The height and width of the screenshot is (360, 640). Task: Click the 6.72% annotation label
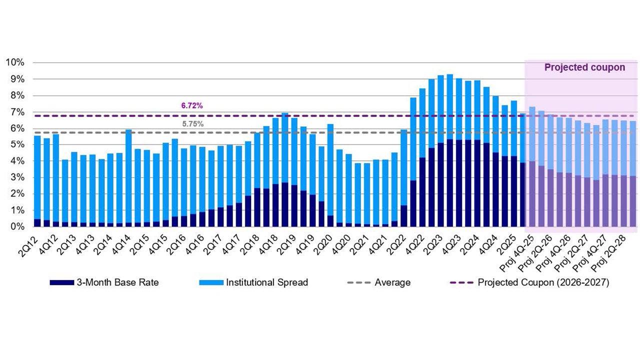(x=191, y=106)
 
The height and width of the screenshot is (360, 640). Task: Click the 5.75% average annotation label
(x=191, y=124)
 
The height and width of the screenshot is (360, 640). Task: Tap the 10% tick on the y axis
(x=15, y=62)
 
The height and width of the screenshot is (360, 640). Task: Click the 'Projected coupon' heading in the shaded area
(x=584, y=67)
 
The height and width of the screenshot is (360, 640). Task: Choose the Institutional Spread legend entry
(x=253, y=282)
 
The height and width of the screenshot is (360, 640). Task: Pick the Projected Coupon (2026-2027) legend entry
(x=529, y=282)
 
